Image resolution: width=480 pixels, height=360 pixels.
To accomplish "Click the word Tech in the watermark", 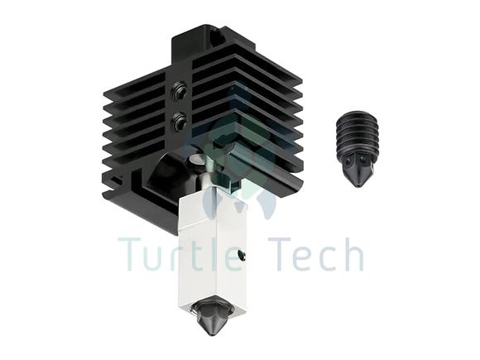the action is click(x=316, y=253).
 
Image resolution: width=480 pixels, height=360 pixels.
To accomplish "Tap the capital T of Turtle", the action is click(x=132, y=254).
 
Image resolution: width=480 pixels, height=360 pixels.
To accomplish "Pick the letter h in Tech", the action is click(x=353, y=253).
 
